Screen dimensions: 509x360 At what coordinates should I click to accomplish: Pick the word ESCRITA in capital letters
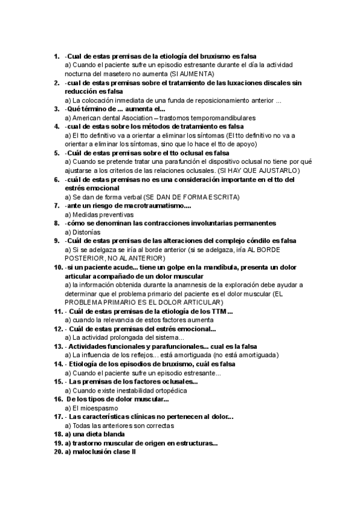coord(222,196)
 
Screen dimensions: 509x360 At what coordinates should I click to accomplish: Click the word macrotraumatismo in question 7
coord(155,205)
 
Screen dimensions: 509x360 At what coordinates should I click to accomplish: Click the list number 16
coord(58,399)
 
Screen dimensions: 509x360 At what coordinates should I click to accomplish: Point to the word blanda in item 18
coord(112,434)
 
